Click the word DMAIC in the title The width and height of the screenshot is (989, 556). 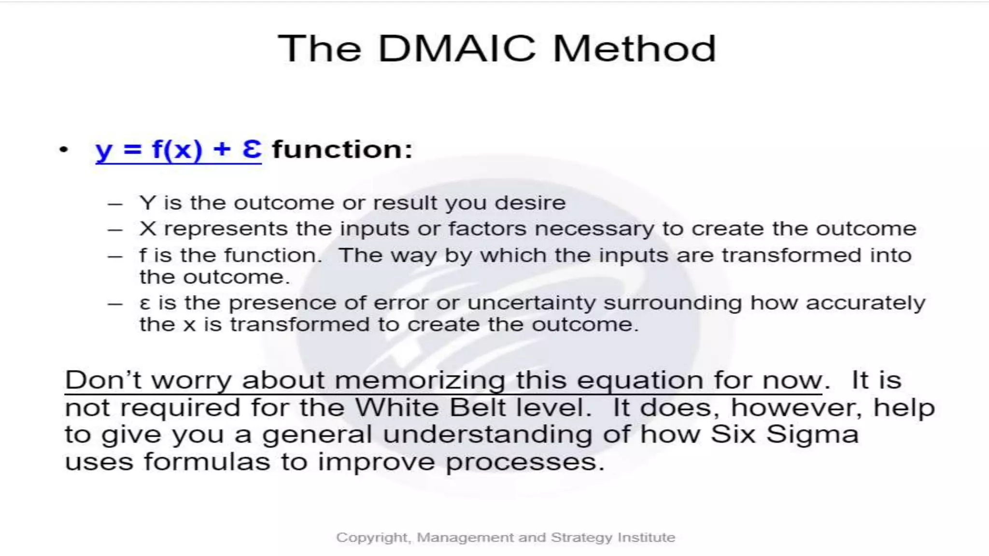point(456,49)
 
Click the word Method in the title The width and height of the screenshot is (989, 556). point(634,49)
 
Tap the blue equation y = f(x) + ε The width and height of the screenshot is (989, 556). point(178,149)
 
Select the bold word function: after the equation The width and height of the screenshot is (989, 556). point(342,149)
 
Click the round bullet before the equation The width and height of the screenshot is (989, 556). point(64,150)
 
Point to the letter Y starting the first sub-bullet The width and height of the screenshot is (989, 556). point(147,203)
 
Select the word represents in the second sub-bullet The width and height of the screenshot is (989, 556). point(226,229)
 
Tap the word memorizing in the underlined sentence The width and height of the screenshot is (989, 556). point(420,380)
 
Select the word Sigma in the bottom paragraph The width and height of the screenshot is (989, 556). point(812,434)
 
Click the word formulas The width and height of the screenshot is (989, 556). point(207,462)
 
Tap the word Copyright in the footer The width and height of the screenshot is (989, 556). point(372,537)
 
